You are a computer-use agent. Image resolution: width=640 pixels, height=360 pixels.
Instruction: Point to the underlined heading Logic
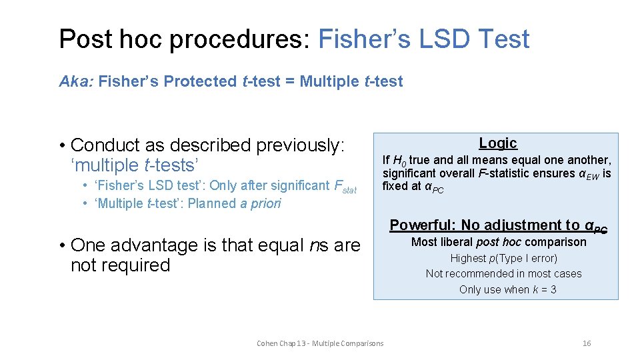[x=498, y=143]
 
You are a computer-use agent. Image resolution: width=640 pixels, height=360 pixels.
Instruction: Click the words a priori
[x=261, y=203]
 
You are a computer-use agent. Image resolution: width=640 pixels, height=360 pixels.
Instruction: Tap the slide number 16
[x=587, y=343]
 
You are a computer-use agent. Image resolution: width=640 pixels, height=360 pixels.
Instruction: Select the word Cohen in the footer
[x=267, y=343]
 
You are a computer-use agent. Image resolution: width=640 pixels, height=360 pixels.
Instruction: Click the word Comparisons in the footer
[x=363, y=343]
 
